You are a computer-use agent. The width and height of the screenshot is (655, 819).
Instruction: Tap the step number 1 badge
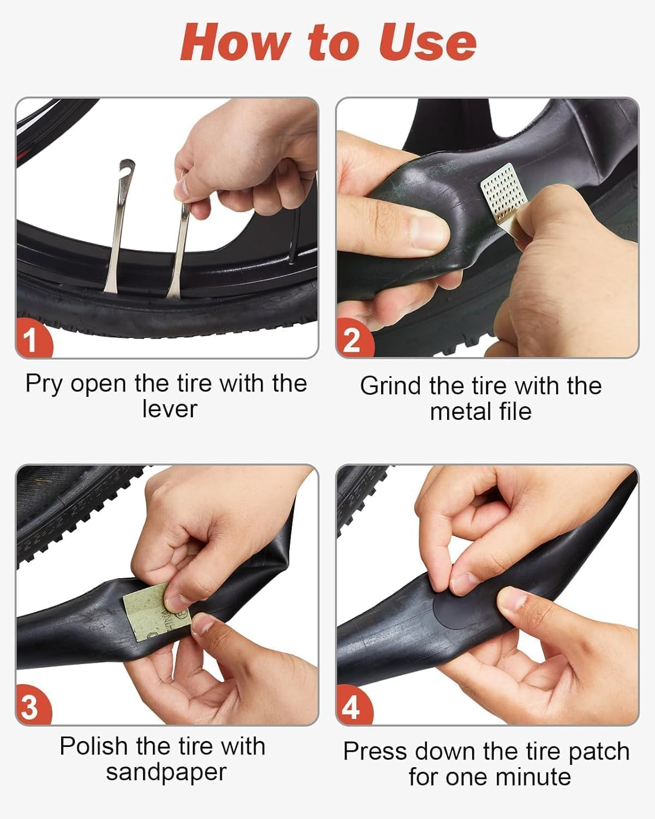[31, 340]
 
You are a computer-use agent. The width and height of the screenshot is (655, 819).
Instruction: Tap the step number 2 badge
[352, 340]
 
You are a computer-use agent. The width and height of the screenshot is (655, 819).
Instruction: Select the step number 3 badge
[31, 707]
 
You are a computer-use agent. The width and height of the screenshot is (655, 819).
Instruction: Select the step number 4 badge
[352, 708]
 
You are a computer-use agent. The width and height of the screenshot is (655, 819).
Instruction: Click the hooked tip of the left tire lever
[127, 166]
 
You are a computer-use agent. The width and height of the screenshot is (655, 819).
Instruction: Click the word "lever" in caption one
[169, 410]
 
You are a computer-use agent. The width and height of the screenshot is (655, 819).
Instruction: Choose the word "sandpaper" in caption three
[166, 773]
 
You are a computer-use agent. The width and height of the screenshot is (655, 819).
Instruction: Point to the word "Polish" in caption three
[94, 746]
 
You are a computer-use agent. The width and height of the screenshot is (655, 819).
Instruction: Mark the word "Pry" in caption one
[44, 384]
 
